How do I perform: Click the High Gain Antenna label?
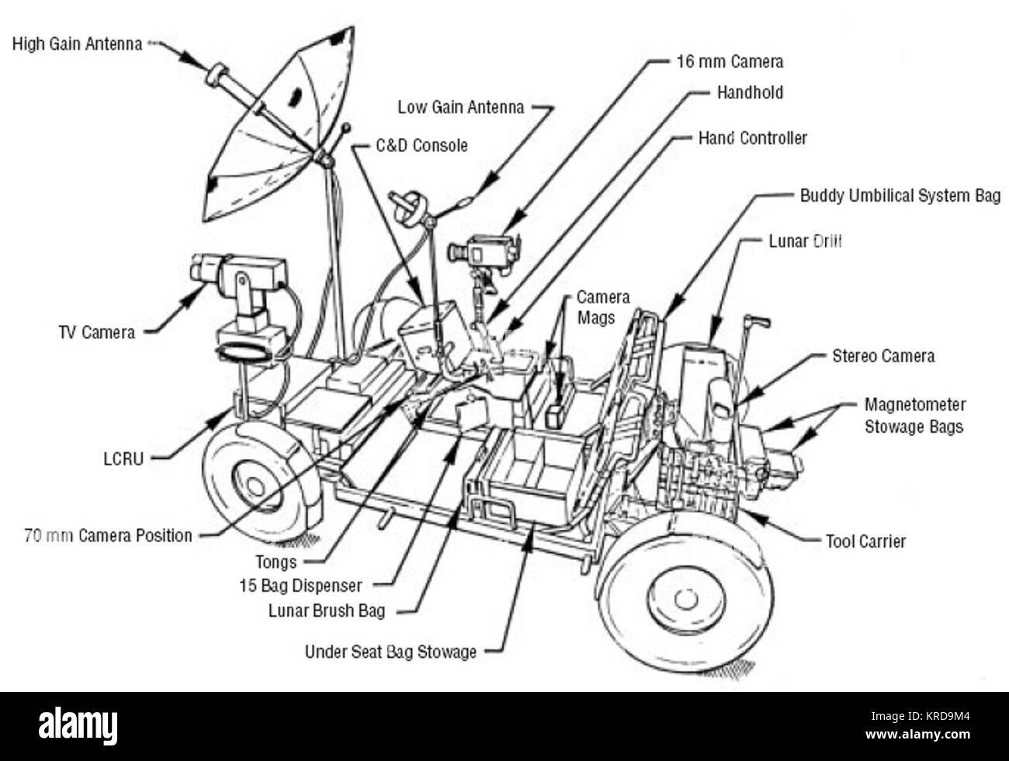[77, 44]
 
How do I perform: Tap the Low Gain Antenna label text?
[460, 107]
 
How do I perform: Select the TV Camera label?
[96, 332]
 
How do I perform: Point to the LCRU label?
[123, 458]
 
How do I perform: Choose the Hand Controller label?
[752, 138]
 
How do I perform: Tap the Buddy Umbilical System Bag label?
[900, 195]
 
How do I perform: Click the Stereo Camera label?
[882, 356]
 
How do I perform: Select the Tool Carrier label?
[865, 541]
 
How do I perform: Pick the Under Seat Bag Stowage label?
[390, 652]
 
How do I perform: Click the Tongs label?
[276, 561]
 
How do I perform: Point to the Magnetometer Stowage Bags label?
[914, 416]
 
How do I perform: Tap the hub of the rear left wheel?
[253, 487]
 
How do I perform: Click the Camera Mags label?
[602, 307]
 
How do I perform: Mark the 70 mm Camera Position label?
[108, 535]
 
